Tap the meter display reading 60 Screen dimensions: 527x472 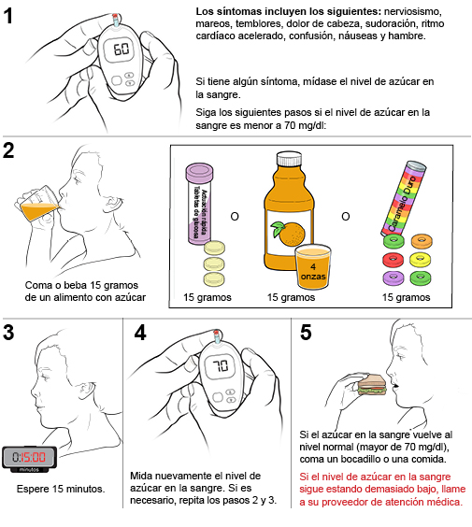click(122, 49)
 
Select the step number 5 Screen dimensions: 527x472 click(306, 333)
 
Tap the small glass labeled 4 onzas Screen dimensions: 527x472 click(313, 266)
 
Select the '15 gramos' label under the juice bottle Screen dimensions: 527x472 click(292, 297)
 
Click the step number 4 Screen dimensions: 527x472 click(139, 333)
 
